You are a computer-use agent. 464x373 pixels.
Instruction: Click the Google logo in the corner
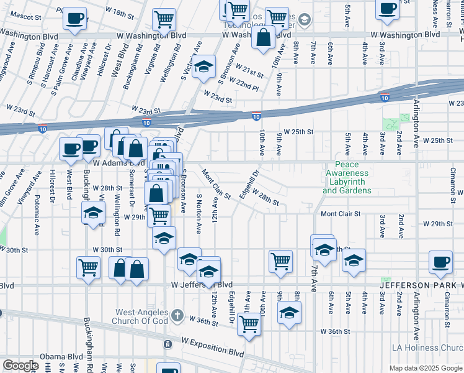pyautogui.click(x=20, y=366)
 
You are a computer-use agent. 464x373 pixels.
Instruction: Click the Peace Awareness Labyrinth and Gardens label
pyautogui.click(x=347, y=182)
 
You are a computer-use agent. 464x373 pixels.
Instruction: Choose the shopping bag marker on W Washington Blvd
pyautogui.click(x=264, y=36)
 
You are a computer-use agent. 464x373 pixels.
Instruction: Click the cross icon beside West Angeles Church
pyautogui.click(x=178, y=315)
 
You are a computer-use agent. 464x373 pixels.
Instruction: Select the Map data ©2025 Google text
pyautogui.click(x=425, y=367)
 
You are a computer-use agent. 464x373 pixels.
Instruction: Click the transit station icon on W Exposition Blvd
pyautogui.click(x=167, y=344)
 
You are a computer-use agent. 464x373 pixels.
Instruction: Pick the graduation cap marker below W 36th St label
pyautogui.click(x=289, y=313)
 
